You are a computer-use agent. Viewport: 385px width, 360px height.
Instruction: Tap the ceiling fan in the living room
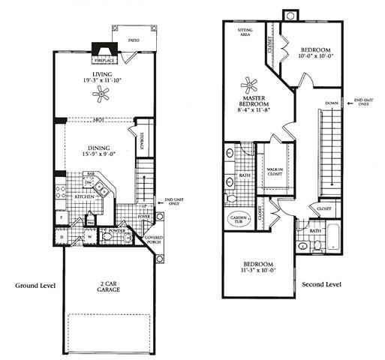(101, 93)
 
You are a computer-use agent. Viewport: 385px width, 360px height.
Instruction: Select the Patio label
(134, 40)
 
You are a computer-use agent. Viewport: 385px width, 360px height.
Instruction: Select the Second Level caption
(321, 285)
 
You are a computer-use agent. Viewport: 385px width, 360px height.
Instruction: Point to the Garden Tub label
(239, 218)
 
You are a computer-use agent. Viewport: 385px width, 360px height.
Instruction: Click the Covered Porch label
(154, 240)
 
